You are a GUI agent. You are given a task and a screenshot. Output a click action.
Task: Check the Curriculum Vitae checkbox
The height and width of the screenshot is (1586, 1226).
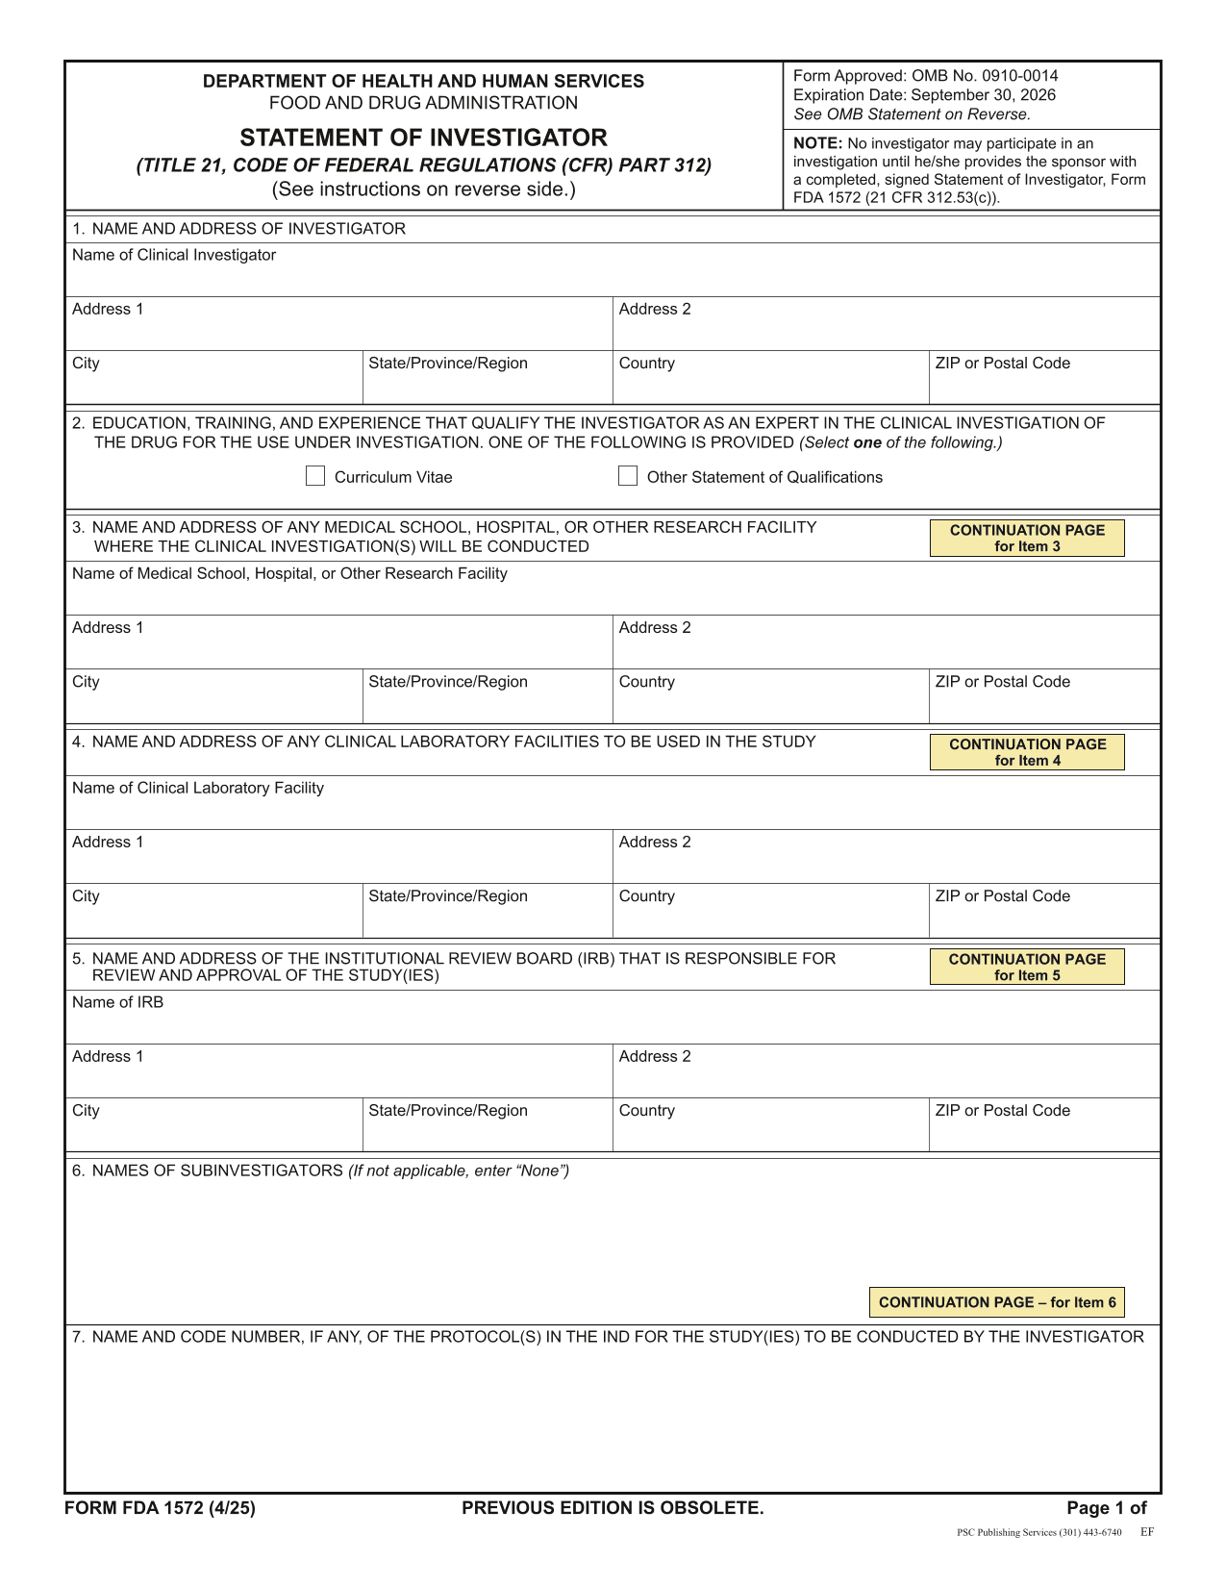pyautogui.click(x=315, y=476)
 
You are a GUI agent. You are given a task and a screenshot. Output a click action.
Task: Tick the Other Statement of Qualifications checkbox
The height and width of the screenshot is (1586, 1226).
pyautogui.click(x=628, y=476)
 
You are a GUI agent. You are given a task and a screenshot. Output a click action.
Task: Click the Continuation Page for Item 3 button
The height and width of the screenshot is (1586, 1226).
pyautogui.click(x=1026, y=538)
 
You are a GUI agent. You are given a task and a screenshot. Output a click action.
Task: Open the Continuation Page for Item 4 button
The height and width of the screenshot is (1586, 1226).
pyautogui.click(x=1026, y=752)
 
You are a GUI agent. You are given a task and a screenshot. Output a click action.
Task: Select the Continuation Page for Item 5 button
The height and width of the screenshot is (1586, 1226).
pyautogui.click(x=1026, y=967)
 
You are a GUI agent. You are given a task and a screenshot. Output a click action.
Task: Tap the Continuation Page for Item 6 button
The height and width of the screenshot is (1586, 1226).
pyautogui.click(x=996, y=1302)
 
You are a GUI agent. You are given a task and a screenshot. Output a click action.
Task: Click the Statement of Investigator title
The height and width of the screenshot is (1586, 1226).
pyautogui.click(x=423, y=138)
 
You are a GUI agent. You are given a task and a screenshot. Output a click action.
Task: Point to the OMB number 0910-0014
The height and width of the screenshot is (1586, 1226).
pyautogui.click(x=1020, y=76)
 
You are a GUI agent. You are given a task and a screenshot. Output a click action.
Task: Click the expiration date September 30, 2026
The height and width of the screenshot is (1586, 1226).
pyautogui.click(x=983, y=95)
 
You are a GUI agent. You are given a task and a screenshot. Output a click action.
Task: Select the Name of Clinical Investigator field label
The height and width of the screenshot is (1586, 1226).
pyautogui.click(x=174, y=255)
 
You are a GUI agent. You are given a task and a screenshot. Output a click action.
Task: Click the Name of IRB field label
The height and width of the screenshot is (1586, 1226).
pyautogui.click(x=117, y=1002)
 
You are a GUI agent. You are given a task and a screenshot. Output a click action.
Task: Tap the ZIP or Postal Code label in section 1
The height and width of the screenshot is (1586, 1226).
pyautogui.click(x=1002, y=364)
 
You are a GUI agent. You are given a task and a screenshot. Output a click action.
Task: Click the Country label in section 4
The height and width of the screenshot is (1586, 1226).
pyautogui.click(x=646, y=896)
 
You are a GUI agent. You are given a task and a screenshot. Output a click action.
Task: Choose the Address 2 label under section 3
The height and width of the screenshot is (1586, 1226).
pyautogui.click(x=654, y=628)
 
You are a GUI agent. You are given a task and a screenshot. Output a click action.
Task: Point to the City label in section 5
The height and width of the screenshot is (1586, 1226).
pyautogui.click(x=86, y=1111)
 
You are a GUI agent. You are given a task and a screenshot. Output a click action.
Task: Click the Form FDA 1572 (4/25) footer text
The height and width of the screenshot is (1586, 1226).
pyautogui.click(x=160, y=1508)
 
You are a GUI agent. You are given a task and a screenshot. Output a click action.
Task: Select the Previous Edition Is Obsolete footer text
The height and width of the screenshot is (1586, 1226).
pyautogui.click(x=613, y=1508)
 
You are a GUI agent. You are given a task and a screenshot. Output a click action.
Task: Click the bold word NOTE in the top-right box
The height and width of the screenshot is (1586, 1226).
pyautogui.click(x=816, y=143)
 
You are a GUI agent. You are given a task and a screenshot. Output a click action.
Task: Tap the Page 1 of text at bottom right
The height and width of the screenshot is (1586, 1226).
pyautogui.click(x=1106, y=1508)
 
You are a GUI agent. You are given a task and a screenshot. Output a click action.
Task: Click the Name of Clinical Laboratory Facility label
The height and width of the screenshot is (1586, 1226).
pyautogui.click(x=197, y=788)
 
